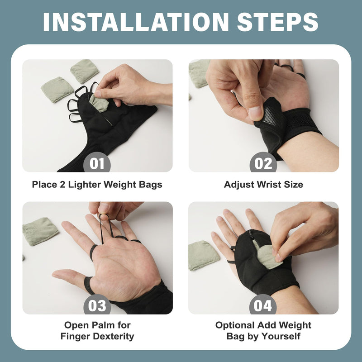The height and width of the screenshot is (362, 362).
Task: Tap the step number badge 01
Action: pos(97,163)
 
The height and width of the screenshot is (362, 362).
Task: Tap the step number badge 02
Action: pos(263,163)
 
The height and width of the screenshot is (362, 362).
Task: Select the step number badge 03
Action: pos(97,305)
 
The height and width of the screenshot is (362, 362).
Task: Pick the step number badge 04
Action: pos(263,305)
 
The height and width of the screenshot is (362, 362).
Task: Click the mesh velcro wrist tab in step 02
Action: pos(270,119)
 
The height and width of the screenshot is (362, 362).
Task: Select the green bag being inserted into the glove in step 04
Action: pos(268,256)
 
